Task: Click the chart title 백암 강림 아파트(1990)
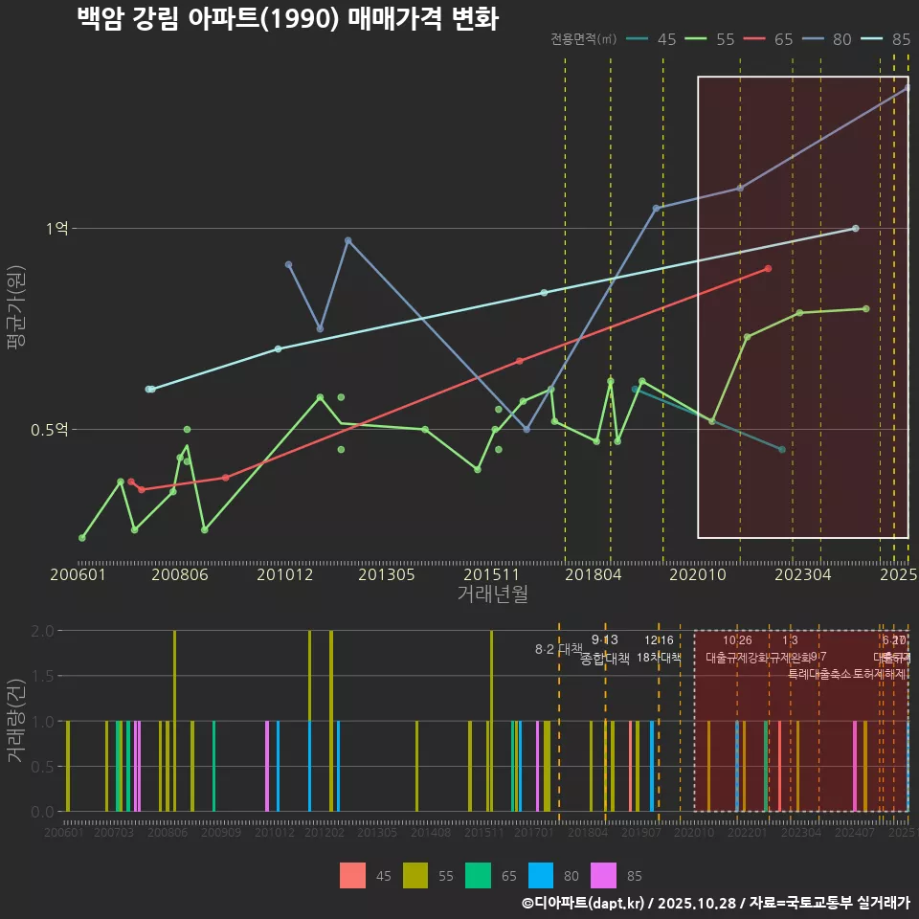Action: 286,19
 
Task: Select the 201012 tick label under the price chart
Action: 285,574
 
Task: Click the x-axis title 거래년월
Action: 492,594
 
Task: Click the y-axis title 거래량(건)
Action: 16,721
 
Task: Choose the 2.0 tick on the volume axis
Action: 42,631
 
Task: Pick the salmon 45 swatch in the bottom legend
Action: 353,875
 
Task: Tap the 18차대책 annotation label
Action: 658,658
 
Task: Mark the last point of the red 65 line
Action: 768,269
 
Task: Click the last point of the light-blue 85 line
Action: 855,228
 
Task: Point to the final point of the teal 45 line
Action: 782,450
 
